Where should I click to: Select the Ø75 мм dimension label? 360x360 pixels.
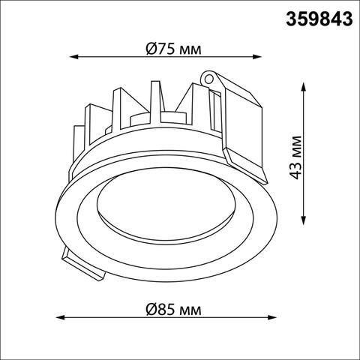pyautogui.click(x=174, y=49)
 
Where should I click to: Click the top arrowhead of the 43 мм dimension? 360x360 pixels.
pyautogui.click(x=304, y=86)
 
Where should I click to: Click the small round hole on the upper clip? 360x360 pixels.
pyautogui.click(x=210, y=76)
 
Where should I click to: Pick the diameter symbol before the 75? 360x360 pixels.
pyautogui.click(x=151, y=49)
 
